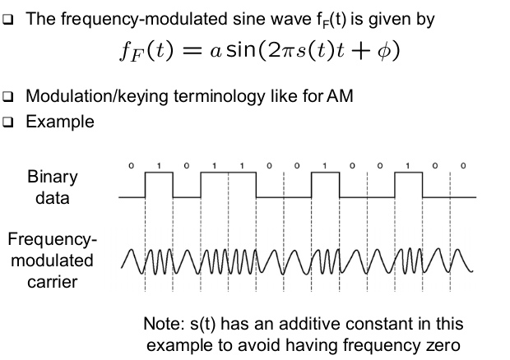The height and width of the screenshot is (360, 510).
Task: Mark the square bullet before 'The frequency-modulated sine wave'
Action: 11,18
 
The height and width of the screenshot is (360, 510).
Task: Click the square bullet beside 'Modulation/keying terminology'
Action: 11,96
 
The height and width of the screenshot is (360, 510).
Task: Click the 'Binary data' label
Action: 53,187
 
